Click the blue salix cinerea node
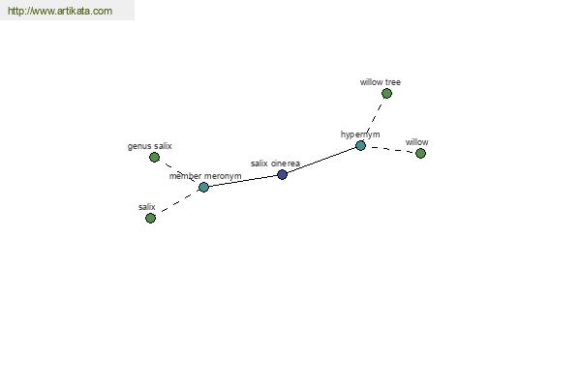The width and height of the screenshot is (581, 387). [x=283, y=174]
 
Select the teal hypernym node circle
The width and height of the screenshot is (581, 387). [x=360, y=146]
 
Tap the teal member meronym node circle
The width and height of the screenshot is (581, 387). [x=203, y=188]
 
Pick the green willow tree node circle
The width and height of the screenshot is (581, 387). [x=386, y=94]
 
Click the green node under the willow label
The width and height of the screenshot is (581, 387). [x=420, y=153]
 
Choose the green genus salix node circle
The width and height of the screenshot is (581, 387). [x=155, y=158]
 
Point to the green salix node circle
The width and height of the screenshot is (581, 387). [x=150, y=218]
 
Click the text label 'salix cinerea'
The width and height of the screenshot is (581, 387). [x=275, y=164]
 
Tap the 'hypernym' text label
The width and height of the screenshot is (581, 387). [x=360, y=134]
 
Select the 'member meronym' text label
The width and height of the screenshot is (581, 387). [x=205, y=176]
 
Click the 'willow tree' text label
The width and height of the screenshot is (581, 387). [x=381, y=82]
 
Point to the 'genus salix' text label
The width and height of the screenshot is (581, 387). [x=150, y=146]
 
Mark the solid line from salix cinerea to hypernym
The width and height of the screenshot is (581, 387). [x=321, y=161]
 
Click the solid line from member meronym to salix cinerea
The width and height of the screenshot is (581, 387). [x=243, y=181]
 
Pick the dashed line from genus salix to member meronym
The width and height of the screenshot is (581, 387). [x=179, y=172]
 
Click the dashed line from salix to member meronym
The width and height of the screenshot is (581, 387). [x=177, y=202]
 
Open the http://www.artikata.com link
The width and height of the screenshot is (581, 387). [x=60, y=11]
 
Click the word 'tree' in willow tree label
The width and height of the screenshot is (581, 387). [x=391, y=82]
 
